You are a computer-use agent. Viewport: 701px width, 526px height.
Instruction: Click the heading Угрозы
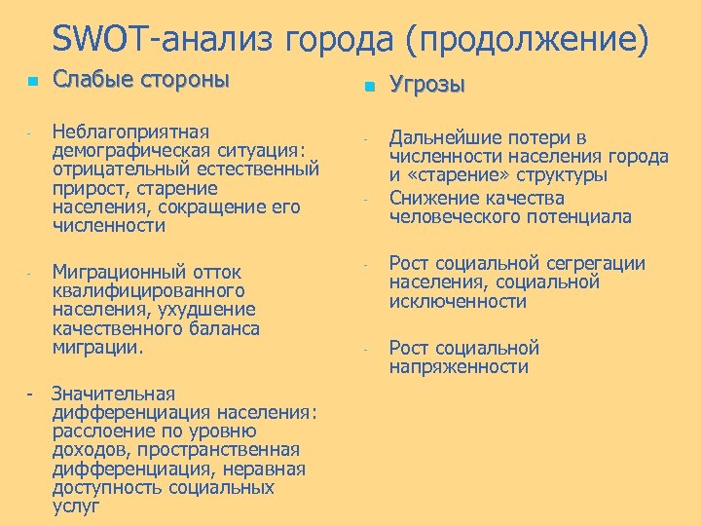coord(427,86)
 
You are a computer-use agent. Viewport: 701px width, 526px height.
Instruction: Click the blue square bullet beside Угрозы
coord(368,88)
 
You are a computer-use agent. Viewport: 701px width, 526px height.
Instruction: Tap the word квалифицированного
coord(135,290)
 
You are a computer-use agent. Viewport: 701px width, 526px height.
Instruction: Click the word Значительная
coord(113,394)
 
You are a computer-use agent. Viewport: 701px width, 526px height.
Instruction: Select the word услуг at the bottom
coord(76,507)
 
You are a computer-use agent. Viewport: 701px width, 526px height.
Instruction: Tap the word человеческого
coord(454,216)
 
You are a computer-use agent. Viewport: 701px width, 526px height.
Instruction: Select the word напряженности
coord(460,367)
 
